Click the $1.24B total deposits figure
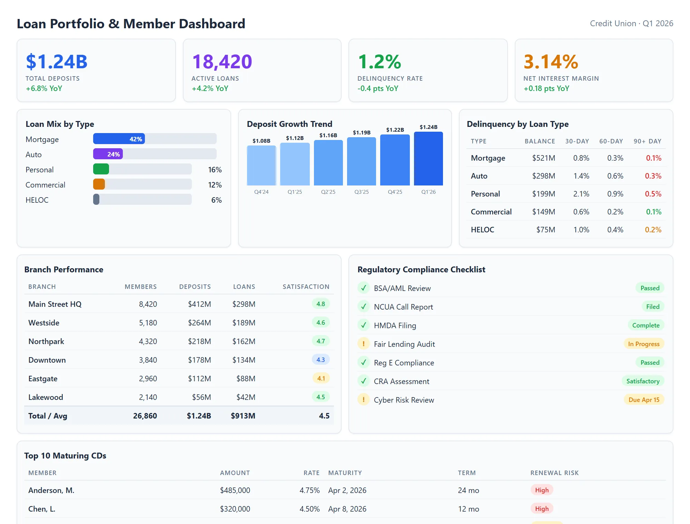click(x=57, y=62)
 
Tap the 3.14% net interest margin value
click(x=551, y=62)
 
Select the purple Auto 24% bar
click(x=108, y=154)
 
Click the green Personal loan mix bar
click(x=101, y=169)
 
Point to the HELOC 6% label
click(x=216, y=200)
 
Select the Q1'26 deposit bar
click(x=428, y=159)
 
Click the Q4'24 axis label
click(x=261, y=192)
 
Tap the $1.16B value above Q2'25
click(x=328, y=135)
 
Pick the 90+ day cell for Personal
click(x=653, y=194)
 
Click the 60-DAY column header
click(x=611, y=141)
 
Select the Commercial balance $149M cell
click(x=543, y=212)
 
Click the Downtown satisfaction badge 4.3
click(x=321, y=360)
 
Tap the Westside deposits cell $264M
click(x=199, y=323)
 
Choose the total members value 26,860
click(x=145, y=416)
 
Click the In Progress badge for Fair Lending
click(x=643, y=344)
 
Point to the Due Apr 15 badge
click(x=643, y=400)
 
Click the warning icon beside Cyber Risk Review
click(x=363, y=400)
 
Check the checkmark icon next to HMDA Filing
click(x=363, y=325)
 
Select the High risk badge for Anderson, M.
click(x=542, y=490)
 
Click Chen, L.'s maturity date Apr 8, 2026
click(x=347, y=509)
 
